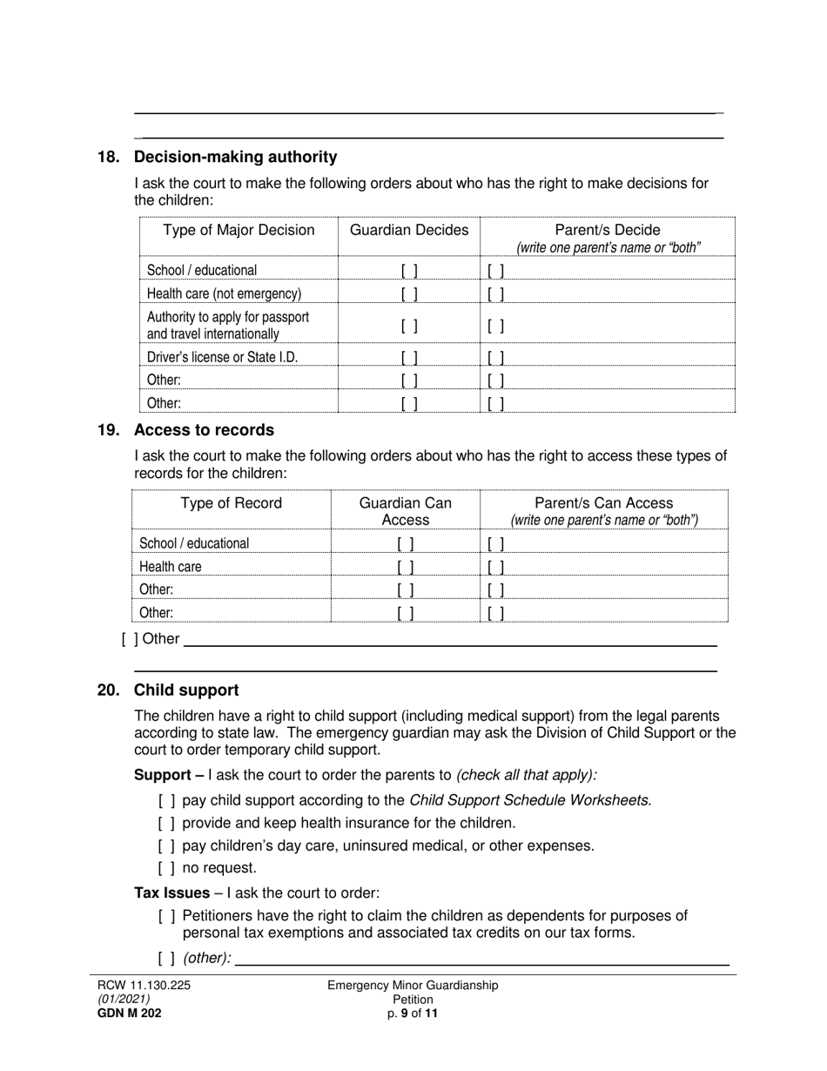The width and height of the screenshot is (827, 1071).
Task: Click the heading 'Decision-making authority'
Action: (x=235, y=158)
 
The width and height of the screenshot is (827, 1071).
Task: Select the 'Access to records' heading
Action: (x=204, y=430)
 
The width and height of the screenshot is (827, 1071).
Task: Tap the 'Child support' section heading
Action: (x=186, y=690)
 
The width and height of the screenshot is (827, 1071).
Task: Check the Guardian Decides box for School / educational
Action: (x=409, y=271)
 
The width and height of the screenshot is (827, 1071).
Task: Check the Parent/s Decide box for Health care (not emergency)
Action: (x=496, y=294)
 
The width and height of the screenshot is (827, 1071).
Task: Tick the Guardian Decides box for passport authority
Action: (x=409, y=327)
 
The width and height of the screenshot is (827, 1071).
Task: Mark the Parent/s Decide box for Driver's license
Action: (x=496, y=358)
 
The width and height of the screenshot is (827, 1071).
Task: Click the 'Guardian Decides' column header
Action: (x=408, y=231)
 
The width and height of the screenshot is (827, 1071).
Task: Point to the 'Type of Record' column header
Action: (x=231, y=504)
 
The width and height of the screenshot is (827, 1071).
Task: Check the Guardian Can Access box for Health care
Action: (x=406, y=567)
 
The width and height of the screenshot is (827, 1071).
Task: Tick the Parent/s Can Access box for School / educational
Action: (x=496, y=544)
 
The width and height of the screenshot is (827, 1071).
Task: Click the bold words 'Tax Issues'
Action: (x=171, y=893)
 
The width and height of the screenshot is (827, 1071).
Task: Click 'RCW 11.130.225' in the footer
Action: (x=138, y=986)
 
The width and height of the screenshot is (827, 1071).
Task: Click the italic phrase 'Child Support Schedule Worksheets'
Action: (x=529, y=800)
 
